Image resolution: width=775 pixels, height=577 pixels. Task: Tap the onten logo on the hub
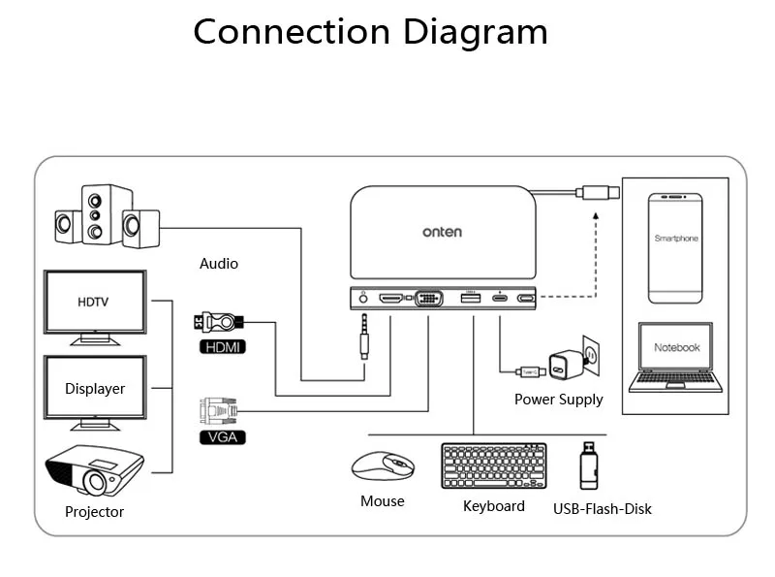tap(442, 232)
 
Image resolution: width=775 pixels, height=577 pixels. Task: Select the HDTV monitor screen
tap(94, 303)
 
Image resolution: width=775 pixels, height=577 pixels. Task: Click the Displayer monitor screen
tap(94, 388)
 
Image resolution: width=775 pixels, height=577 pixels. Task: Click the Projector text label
tap(94, 512)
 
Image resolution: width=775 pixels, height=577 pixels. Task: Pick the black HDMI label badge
tap(221, 346)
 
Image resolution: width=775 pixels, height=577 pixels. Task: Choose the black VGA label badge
tap(221, 437)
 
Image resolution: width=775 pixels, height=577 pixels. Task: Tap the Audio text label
tap(218, 263)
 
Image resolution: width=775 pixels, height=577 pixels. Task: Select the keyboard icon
tap(493, 466)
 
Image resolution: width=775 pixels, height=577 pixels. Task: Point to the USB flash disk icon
tap(587, 465)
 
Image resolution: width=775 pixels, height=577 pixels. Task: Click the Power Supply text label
tap(558, 399)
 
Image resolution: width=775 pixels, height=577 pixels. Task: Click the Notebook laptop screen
tap(676, 347)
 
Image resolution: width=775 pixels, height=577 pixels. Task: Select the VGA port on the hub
tap(429, 299)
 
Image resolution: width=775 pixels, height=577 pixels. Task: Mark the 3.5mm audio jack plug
tap(365, 336)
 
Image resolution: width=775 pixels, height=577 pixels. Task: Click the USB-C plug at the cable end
tap(598, 192)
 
